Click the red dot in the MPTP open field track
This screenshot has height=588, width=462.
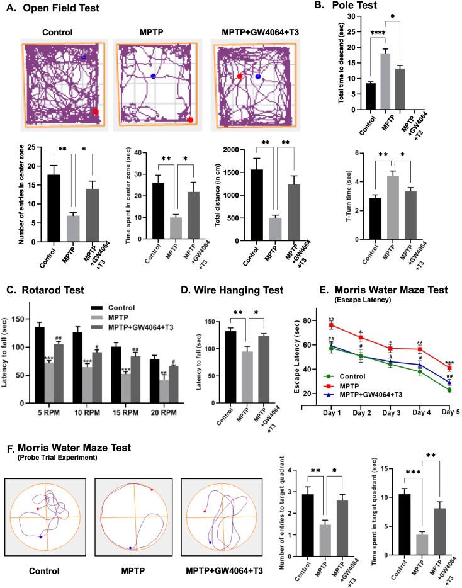click(190, 120)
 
